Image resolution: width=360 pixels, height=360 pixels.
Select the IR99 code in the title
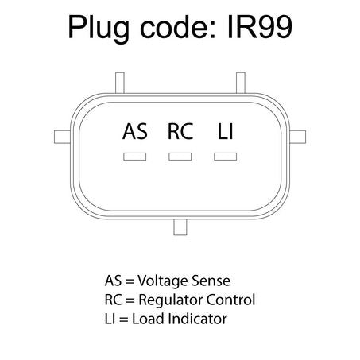(260, 27)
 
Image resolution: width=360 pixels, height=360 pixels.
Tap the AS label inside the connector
(135, 131)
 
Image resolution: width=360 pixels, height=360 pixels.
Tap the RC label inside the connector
(180, 131)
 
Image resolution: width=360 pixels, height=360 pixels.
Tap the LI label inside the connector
(225, 131)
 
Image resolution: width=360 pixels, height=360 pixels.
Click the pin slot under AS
(134, 157)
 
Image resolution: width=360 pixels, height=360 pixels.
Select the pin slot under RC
(180, 157)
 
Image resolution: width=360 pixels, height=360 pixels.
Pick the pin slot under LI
(226, 157)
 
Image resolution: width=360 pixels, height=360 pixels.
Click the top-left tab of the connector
(120, 83)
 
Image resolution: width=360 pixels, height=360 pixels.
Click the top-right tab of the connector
(241, 83)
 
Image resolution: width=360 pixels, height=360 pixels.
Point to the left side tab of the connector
(62, 137)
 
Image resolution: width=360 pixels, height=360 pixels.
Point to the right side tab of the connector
(298, 137)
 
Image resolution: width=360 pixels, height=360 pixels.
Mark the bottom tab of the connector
(180, 227)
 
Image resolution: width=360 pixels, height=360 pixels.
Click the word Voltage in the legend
(163, 281)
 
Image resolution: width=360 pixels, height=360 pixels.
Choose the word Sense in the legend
(211, 281)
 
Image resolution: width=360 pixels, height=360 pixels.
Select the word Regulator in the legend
(171, 300)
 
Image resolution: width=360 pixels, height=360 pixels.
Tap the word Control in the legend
(230, 300)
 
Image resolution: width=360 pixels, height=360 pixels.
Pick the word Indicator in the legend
(197, 319)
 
